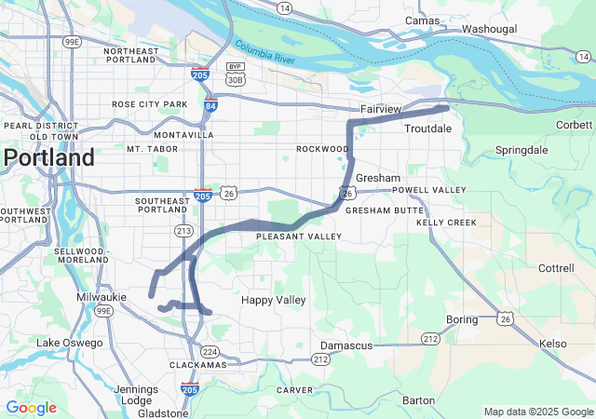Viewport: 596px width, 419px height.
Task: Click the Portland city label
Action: click(x=48, y=157)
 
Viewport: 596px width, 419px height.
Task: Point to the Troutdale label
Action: click(x=428, y=128)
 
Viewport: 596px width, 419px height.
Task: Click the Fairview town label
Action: click(x=380, y=109)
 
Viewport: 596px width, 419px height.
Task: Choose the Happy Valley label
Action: click(x=273, y=300)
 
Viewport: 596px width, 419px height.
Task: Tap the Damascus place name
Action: click(x=346, y=345)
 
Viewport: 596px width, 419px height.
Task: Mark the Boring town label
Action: click(x=462, y=319)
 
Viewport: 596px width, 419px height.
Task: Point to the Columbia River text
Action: click(x=264, y=51)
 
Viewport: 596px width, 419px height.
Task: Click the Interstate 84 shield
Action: click(x=211, y=107)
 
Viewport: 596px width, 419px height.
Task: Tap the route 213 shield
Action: click(x=183, y=230)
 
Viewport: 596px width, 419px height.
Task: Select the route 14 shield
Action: click(x=283, y=7)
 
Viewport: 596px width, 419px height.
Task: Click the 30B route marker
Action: click(x=236, y=80)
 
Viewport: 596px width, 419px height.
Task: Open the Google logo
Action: click(x=31, y=408)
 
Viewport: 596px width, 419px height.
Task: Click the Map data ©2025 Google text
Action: click(x=537, y=412)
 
